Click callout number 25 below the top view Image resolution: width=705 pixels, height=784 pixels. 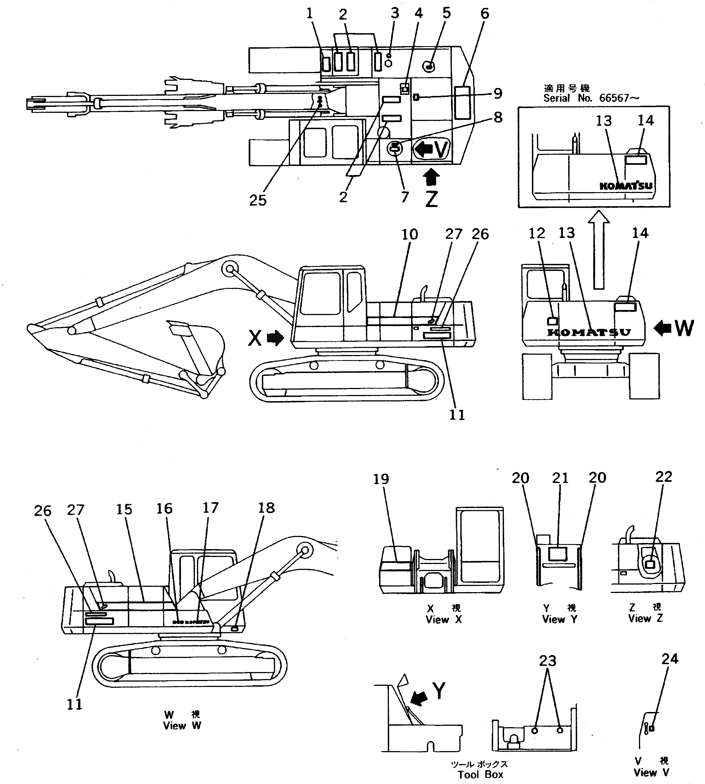pyautogui.click(x=258, y=201)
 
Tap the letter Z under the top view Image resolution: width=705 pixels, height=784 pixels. pyautogui.click(x=431, y=199)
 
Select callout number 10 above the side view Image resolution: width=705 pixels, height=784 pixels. pyautogui.click(x=409, y=234)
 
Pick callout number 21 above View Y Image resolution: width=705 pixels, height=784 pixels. pyautogui.click(x=560, y=478)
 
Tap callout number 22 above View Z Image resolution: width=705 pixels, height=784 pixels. pyautogui.click(x=663, y=477)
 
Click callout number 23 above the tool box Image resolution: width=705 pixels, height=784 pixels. pyautogui.click(x=547, y=660)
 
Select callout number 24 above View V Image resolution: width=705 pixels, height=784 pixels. pyautogui.click(x=670, y=659)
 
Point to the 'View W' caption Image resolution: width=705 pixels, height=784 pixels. pyautogui.click(x=182, y=726)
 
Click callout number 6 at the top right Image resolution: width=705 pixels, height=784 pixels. pyautogui.click(x=485, y=14)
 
